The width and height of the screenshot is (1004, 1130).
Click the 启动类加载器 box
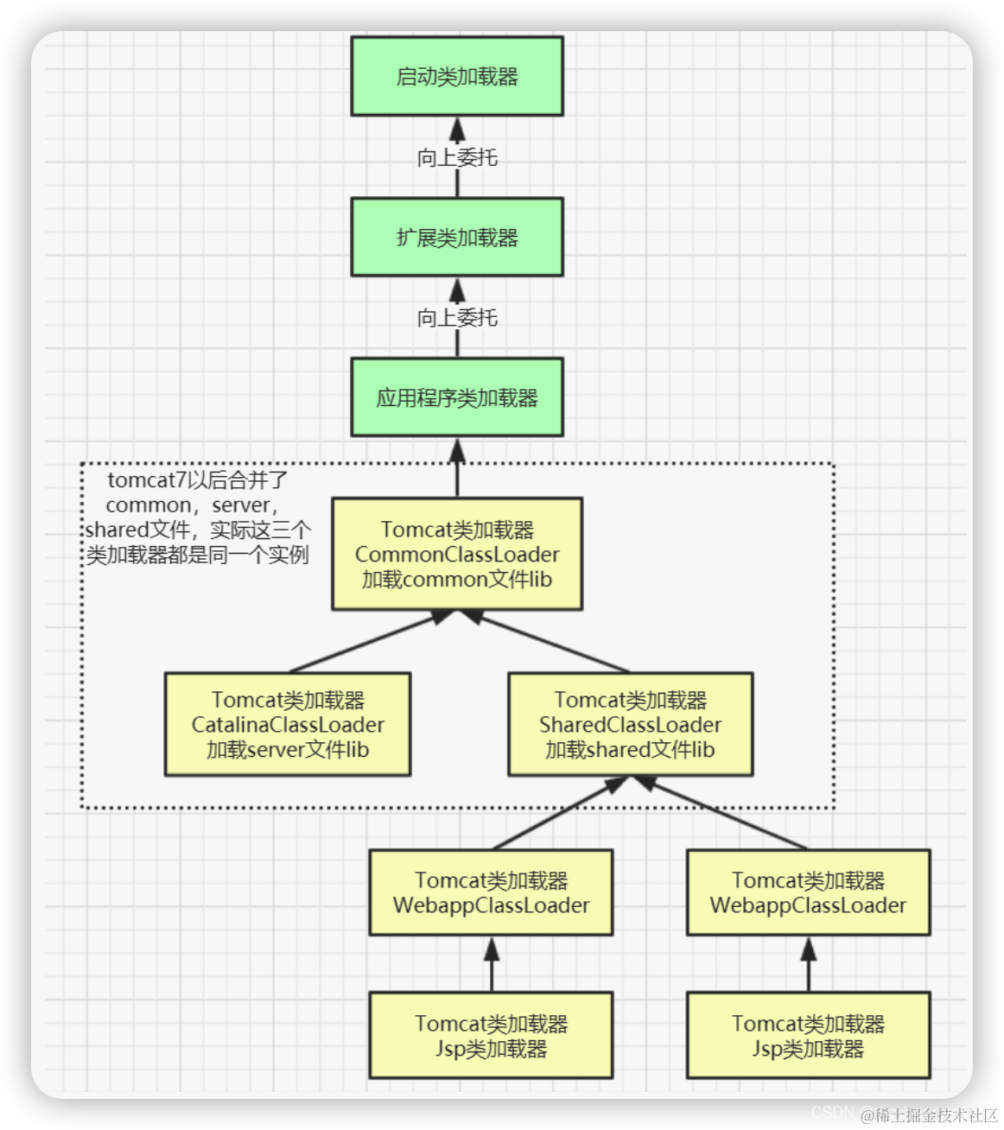click(457, 76)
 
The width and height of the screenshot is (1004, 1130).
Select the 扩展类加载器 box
click(457, 238)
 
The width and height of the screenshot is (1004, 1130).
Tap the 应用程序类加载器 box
click(457, 397)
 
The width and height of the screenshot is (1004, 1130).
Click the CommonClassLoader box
click(457, 554)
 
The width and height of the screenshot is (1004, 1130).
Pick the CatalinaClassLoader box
click(288, 724)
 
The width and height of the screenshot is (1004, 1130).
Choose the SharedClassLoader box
click(630, 724)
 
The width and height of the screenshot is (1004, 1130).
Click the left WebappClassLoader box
click(491, 892)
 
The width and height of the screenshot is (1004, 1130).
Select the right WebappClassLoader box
click(808, 892)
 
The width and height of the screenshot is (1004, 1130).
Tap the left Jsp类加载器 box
click(491, 1036)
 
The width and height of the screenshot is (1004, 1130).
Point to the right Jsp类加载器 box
click(808, 1036)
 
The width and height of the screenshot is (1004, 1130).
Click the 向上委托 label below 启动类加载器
click(457, 157)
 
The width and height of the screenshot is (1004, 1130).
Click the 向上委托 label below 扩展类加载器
click(457, 318)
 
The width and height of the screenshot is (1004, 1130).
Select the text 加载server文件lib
click(288, 750)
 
